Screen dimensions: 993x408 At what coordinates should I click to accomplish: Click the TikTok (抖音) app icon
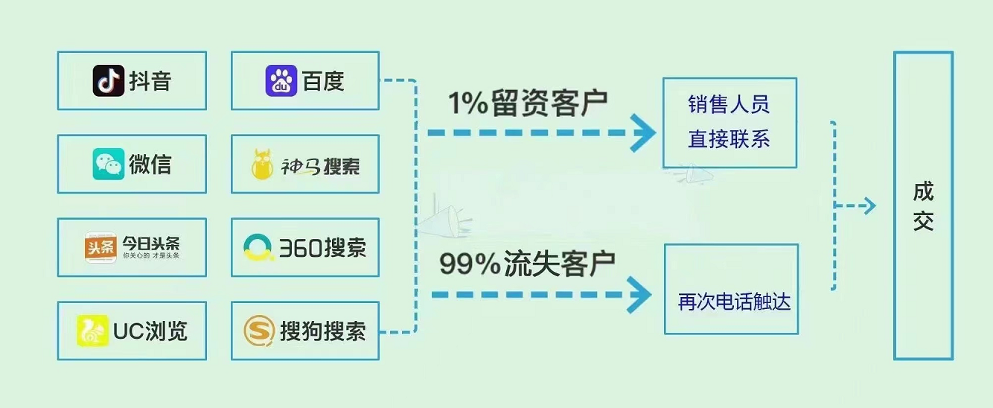[108, 80]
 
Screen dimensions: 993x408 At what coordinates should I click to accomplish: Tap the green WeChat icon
[108, 164]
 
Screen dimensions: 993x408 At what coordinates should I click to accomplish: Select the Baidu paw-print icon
[281, 80]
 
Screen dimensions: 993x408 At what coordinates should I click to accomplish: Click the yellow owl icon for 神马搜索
[262, 165]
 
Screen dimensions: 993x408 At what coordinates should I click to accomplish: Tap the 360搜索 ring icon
[258, 248]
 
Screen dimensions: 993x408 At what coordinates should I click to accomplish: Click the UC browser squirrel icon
[92, 331]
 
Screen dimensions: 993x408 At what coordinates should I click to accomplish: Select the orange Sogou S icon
[259, 331]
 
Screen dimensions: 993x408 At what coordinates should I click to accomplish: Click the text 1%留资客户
[527, 103]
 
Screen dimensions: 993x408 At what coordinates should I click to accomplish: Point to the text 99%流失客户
[527, 263]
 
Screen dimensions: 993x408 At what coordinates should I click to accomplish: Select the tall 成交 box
[923, 205]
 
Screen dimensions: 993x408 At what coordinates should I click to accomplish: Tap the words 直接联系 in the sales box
[729, 139]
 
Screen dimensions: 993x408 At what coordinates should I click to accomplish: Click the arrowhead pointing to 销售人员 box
[642, 133]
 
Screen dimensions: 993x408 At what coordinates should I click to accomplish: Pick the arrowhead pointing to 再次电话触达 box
[639, 296]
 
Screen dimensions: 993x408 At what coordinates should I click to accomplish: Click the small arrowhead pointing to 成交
[869, 206]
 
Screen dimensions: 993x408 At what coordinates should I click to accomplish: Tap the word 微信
[150, 164]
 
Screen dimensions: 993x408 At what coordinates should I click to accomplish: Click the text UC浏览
[150, 331]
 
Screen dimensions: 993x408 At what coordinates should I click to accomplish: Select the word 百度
[323, 80]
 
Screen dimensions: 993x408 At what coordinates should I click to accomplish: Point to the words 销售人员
[729, 104]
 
